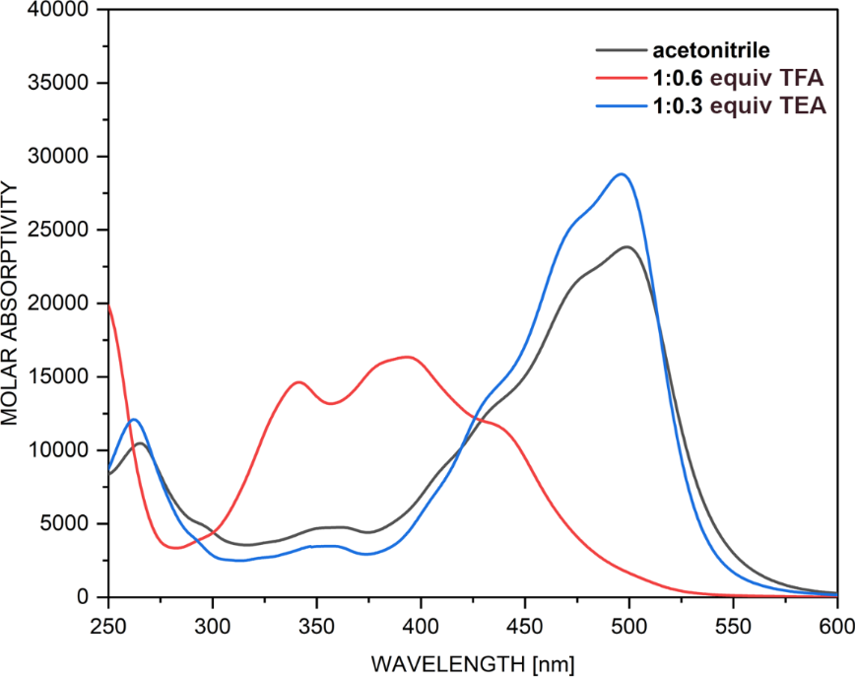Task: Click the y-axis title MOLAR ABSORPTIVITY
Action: point(12,302)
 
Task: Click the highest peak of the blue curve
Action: point(621,174)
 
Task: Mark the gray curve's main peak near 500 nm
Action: point(626,247)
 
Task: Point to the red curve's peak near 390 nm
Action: point(406,357)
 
